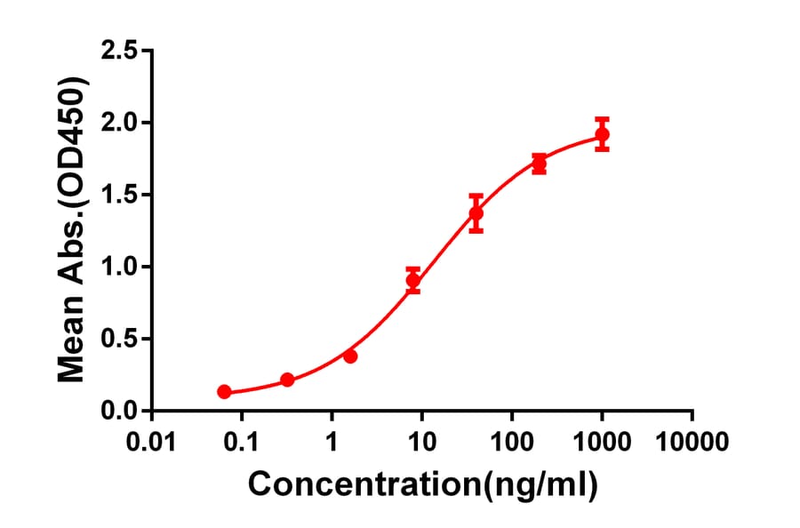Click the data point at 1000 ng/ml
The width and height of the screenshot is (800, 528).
pos(602,135)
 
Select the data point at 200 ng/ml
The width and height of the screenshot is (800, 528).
pos(539,164)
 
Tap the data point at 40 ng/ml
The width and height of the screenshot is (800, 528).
pos(476,213)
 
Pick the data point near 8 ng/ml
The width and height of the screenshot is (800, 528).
pos(413,280)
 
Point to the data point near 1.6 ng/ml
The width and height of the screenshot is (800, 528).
pos(350,356)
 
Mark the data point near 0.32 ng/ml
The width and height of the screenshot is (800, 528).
pos(287,380)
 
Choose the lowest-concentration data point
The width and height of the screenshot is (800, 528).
pos(224,391)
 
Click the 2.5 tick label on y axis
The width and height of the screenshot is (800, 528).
pos(120,51)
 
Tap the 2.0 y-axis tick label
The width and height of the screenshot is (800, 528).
pos(120,123)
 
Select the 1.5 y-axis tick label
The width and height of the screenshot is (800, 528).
pos(120,195)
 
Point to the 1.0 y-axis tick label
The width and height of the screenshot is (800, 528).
pos(120,267)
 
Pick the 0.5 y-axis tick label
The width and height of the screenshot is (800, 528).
pos(120,339)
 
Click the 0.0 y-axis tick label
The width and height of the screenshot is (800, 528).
pos(120,411)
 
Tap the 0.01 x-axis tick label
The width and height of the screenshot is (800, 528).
pos(152,440)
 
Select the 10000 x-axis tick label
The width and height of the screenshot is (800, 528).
pos(692,440)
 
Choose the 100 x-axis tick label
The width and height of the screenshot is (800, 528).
pos(512,440)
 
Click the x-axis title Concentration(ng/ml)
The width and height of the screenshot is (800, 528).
pos(422,484)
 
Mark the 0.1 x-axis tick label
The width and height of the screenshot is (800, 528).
pos(242,440)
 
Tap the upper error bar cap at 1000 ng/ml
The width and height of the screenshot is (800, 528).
pos(602,118)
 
